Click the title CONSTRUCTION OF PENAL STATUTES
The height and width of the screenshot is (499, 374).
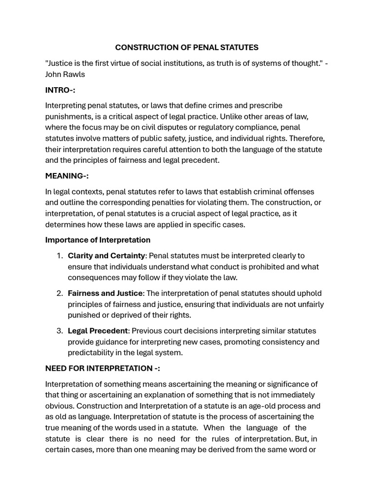(x=187, y=47)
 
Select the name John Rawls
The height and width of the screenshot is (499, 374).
(x=65, y=75)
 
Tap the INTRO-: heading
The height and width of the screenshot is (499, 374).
(x=60, y=90)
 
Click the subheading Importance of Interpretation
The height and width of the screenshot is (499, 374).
(x=98, y=240)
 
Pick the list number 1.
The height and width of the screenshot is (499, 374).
(x=59, y=255)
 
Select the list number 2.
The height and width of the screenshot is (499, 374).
(x=59, y=293)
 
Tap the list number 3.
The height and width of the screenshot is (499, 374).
(x=59, y=331)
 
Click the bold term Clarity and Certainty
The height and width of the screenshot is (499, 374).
(x=106, y=255)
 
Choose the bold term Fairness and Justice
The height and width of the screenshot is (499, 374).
(x=106, y=293)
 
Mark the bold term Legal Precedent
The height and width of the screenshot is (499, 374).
(x=97, y=331)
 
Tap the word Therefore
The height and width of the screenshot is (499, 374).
(x=306, y=138)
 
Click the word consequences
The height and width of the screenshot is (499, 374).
(x=91, y=277)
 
